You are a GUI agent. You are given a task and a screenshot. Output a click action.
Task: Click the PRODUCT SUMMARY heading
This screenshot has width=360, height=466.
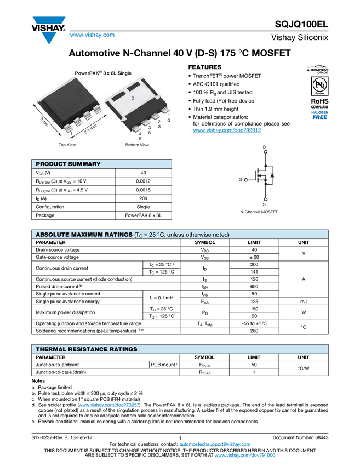click(68, 164)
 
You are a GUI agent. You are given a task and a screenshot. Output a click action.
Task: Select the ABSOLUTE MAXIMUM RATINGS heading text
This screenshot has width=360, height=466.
click(84, 235)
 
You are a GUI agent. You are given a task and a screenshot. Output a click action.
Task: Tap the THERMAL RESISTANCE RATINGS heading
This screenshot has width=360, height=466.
click(87, 349)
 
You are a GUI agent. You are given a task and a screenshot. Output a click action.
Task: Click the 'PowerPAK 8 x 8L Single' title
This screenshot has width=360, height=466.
click(103, 73)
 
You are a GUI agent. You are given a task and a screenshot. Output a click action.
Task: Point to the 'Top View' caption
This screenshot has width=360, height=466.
click(67, 145)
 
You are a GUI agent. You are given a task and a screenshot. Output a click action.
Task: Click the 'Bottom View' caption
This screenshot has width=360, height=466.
click(136, 145)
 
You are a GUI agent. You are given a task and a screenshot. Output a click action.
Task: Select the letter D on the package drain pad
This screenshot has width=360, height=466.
click(133, 98)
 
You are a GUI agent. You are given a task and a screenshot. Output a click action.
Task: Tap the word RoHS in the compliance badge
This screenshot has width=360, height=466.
click(318, 101)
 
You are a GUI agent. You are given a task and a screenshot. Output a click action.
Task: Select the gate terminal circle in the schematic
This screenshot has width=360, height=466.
click(245, 179)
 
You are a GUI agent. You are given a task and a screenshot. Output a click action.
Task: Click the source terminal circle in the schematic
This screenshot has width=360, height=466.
click(265, 198)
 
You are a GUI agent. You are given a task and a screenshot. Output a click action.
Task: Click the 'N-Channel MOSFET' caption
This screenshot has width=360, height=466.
click(259, 211)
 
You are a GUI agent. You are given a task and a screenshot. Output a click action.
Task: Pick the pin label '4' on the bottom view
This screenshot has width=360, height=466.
click(140, 133)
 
